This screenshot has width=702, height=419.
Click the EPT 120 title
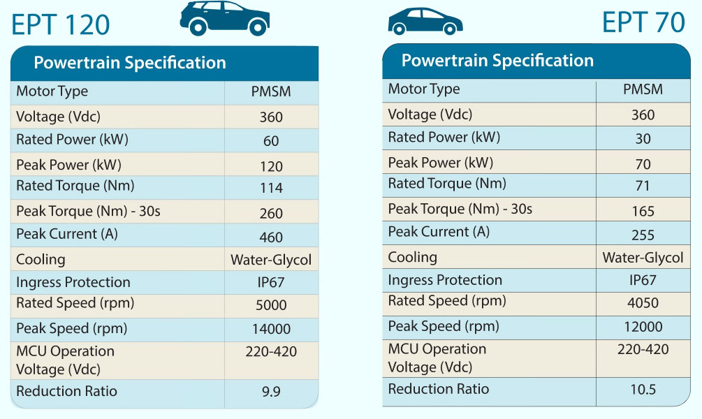(61, 24)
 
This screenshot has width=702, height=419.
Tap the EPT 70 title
(643, 22)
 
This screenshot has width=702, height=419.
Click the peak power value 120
(271, 166)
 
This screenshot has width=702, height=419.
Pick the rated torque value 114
(271, 188)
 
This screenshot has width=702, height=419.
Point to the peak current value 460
(271, 237)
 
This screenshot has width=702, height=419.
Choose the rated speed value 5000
(271, 305)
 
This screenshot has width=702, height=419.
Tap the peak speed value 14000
(271, 329)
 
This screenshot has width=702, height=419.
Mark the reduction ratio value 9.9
(271, 392)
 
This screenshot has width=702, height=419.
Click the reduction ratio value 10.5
(643, 390)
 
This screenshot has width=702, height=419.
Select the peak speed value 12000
(643, 327)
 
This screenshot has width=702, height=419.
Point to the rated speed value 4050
(643, 303)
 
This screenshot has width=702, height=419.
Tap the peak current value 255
(643, 235)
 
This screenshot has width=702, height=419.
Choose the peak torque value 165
(643, 211)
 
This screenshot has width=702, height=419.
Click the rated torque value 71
(643, 186)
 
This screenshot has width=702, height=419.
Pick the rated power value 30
(643, 138)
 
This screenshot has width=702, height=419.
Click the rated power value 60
(271, 141)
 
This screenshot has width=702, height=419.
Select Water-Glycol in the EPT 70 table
(643, 258)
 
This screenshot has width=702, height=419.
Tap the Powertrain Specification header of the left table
(130, 63)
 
